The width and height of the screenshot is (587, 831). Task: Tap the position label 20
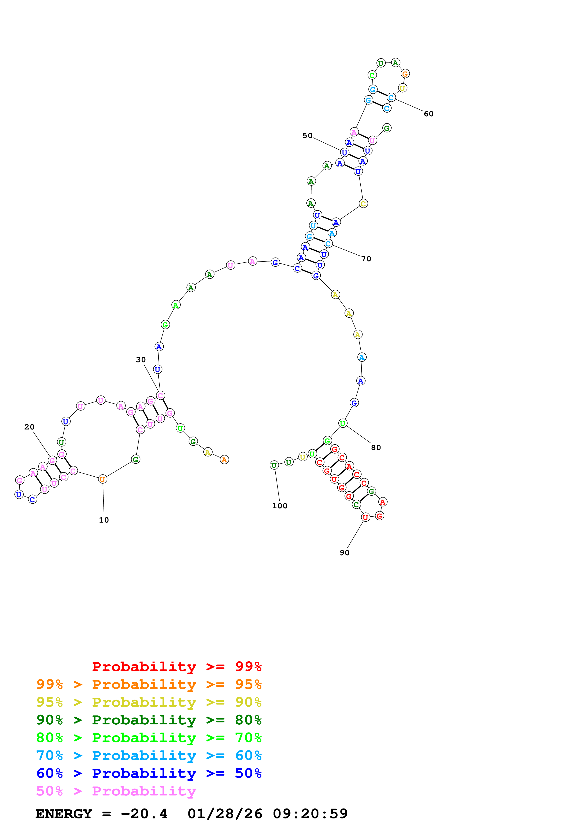point(29,427)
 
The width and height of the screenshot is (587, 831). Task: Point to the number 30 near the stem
point(141,360)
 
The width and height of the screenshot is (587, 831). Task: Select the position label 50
point(307,136)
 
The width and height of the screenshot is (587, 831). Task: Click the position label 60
point(429,114)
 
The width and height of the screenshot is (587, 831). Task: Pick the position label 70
point(366,259)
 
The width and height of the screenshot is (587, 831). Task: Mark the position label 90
point(345,553)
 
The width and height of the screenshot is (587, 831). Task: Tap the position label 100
point(280,506)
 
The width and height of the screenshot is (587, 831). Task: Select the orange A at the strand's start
point(224,460)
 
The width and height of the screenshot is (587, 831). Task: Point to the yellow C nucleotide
point(363,204)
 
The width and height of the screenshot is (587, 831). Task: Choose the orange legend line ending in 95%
point(149,684)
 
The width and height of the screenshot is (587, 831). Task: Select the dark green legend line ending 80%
point(149,720)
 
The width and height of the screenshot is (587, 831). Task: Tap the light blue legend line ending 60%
point(149,755)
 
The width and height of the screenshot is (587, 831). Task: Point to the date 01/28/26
point(225,814)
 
